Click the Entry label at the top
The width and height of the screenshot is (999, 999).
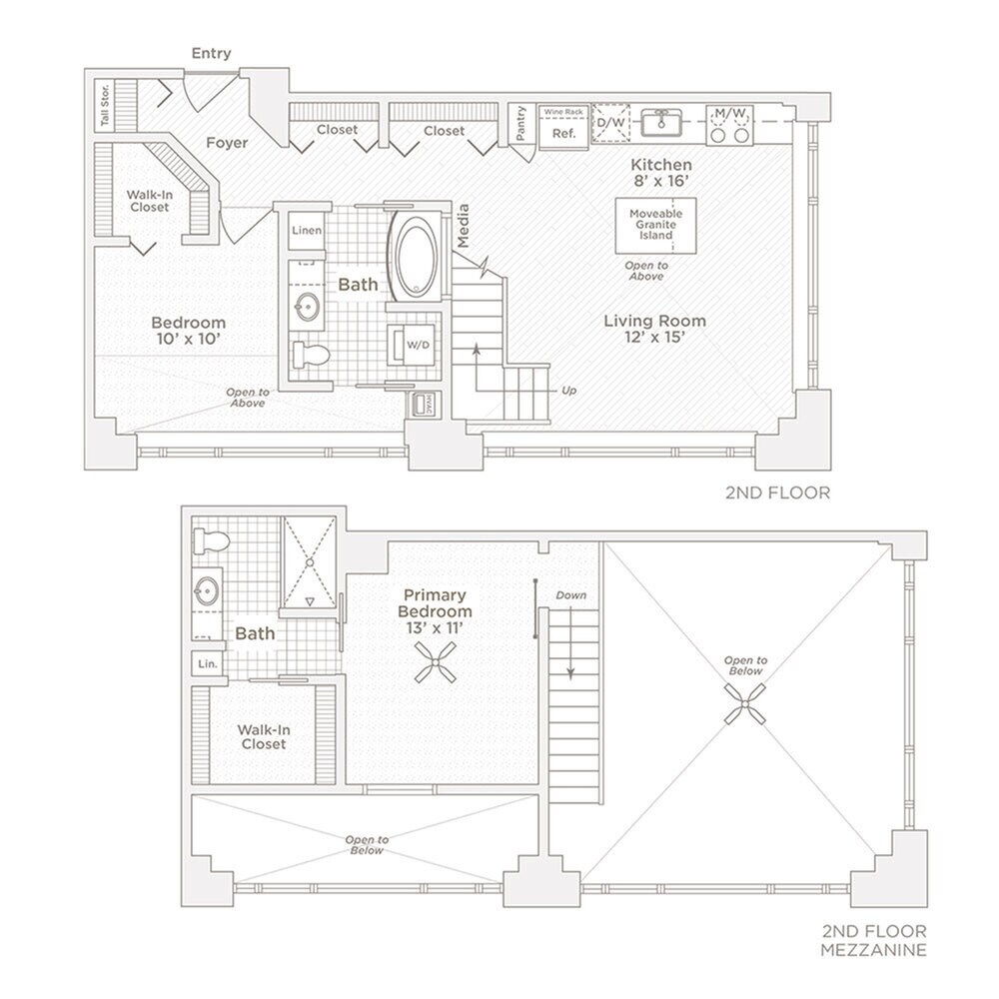211,53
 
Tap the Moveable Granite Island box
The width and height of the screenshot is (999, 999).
655,225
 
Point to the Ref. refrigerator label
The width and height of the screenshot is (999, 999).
564,134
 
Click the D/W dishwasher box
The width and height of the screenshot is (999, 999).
610,123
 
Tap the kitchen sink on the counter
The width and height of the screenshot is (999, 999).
661,123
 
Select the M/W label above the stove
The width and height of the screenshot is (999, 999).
727,113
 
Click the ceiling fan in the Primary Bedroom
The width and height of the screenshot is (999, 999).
436,661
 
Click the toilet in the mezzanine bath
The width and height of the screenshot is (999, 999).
211,542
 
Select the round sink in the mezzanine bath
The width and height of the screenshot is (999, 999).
209,589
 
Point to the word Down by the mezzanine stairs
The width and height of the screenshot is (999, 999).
571,595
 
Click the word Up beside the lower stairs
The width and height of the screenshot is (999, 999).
568,390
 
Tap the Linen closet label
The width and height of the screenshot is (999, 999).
307,231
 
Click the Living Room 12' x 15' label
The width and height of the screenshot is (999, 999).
654,329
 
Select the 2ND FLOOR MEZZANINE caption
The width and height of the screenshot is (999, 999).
873,939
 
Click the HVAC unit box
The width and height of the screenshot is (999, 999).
419,404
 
